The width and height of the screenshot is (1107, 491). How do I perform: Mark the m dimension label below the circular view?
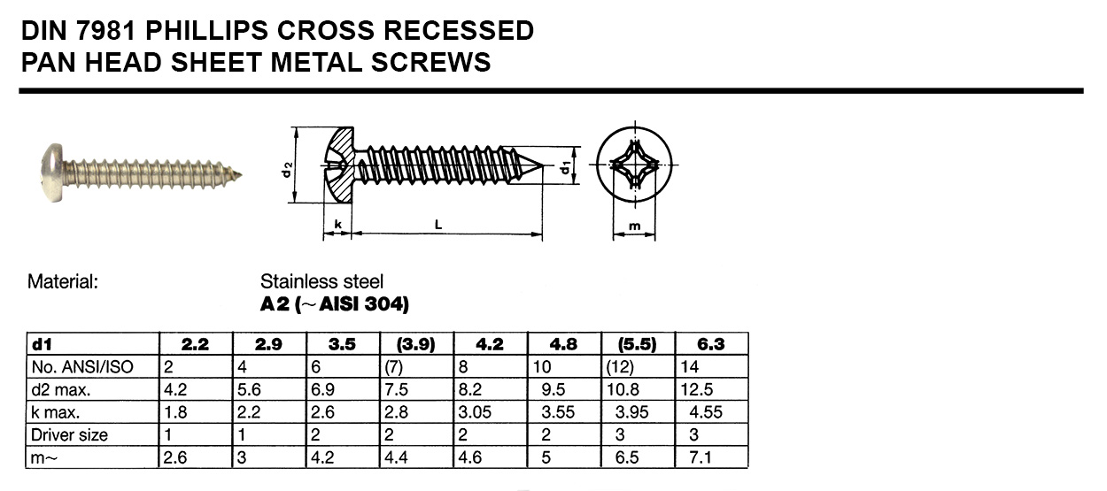(x=634, y=226)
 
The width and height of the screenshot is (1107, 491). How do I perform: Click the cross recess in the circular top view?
(x=634, y=166)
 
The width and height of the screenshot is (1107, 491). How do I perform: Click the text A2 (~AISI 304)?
(x=334, y=305)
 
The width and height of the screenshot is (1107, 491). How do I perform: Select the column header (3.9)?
(x=415, y=344)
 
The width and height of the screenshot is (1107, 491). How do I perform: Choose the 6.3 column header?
(x=711, y=344)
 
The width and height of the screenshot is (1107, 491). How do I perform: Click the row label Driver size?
(x=70, y=434)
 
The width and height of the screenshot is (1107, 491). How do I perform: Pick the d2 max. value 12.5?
(x=697, y=389)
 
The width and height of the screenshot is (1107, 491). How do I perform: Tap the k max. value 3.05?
(x=474, y=412)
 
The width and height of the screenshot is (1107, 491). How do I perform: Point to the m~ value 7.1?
(x=696, y=457)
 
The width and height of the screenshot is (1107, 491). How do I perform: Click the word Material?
(x=62, y=282)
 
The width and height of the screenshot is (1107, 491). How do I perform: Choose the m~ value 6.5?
(x=623, y=457)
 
